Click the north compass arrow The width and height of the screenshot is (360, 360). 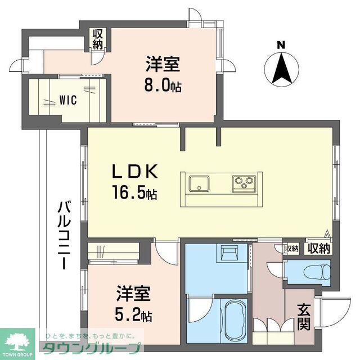281,69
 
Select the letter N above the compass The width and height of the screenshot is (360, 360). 281,44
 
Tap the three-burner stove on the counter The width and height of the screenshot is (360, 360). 244,182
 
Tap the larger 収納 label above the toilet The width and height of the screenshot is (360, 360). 318,248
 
